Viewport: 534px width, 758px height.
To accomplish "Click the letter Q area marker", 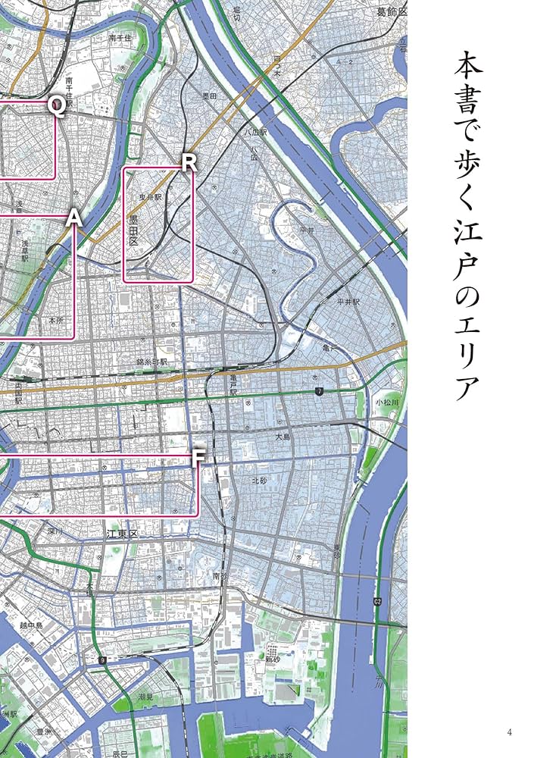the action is tap(56, 105).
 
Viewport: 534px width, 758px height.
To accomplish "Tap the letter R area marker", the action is tap(189, 161).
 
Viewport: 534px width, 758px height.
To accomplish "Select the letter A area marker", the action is tap(73, 218).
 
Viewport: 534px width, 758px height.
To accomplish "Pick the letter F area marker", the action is tap(198, 458).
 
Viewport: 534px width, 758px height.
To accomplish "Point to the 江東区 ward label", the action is tap(122, 535).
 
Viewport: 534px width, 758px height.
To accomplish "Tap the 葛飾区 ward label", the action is tap(392, 12).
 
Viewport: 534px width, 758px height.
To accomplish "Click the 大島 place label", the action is tap(283, 437).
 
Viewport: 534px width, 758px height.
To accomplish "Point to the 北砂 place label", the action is tap(260, 481).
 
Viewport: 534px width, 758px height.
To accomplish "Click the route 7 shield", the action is tap(320, 390).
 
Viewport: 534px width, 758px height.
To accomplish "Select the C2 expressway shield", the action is tap(377, 601).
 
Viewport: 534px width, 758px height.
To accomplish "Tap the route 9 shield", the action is tap(101, 661).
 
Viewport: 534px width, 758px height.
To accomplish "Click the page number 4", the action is tap(510, 731).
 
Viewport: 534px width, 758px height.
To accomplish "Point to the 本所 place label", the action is tap(56, 321).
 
